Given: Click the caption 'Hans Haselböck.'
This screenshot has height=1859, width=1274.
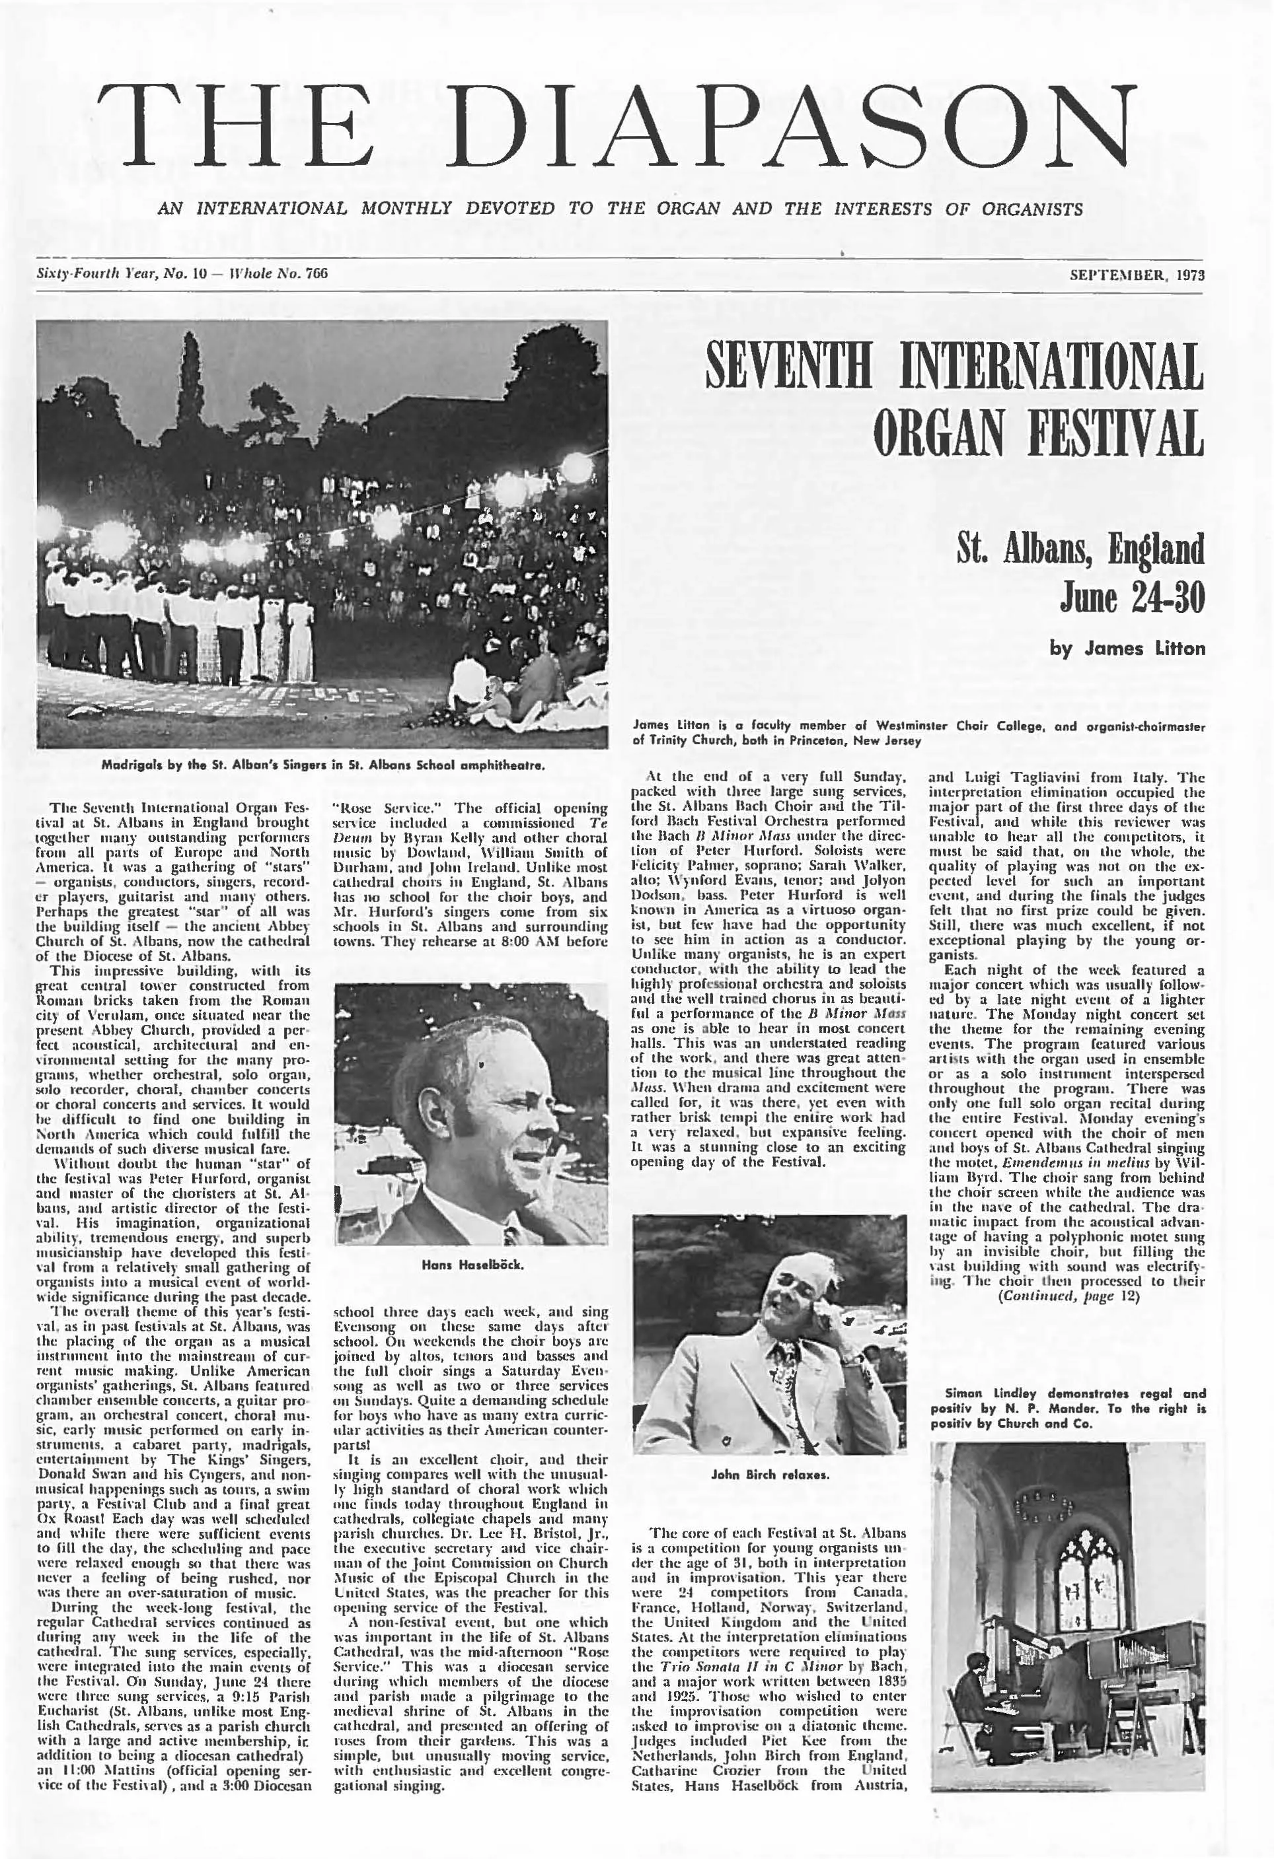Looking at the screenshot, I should coord(472,1265).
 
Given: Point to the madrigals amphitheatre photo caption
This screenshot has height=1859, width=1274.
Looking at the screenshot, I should coord(323,764).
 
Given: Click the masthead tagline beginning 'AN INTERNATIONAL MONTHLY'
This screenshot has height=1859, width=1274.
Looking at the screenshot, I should coord(620,209).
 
